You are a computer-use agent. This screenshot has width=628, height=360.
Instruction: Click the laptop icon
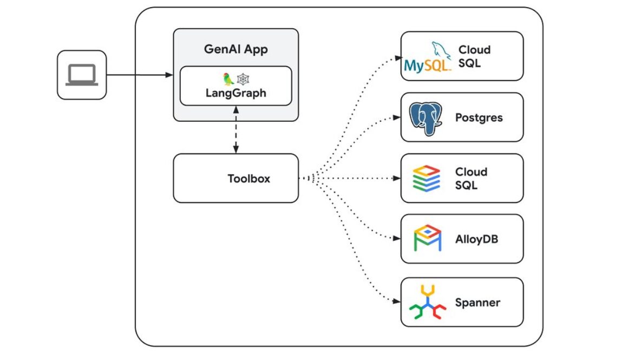pyautogui.click(x=81, y=75)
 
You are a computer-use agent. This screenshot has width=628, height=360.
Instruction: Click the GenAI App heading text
pyautogui.click(x=235, y=50)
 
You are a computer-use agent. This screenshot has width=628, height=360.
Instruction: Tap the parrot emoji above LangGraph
pyautogui.click(x=228, y=79)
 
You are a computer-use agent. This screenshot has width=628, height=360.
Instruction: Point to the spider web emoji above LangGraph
pyautogui.click(x=243, y=79)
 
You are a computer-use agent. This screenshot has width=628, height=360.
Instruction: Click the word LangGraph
pyautogui.click(x=235, y=93)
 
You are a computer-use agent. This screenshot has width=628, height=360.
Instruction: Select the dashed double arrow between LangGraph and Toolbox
pyautogui.click(x=235, y=130)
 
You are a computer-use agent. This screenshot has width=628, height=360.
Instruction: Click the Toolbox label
pyautogui.click(x=248, y=178)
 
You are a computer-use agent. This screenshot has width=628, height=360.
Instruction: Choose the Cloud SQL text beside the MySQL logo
pyautogui.click(x=474, y=56)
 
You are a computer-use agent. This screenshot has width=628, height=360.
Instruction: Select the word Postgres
pyautogui.click(x=479, y=117)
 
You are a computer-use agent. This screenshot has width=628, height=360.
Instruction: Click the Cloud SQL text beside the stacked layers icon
pyautogui.click(x=471, y=179)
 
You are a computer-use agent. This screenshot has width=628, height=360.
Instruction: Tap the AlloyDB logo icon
pyautogui.click(x=428, y=239)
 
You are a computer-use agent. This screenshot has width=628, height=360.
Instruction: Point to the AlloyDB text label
pyautogui.click(x=476, y=239)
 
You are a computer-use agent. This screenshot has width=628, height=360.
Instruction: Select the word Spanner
pyautogui.click(x=477, y=302)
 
